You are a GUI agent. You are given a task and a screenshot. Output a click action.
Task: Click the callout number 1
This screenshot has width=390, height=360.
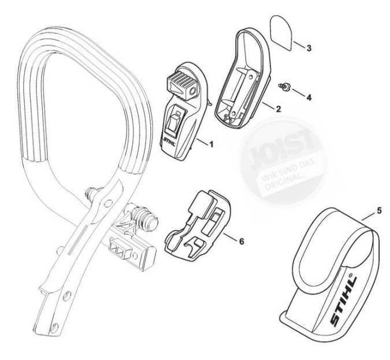(x=211, y=142)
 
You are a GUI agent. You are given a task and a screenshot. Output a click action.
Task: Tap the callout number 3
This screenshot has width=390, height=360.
(x=309, y=47)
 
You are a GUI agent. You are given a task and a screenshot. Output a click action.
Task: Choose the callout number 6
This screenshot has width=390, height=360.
(x=240, y=238)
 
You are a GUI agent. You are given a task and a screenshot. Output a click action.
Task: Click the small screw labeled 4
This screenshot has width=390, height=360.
(x=284, y=87)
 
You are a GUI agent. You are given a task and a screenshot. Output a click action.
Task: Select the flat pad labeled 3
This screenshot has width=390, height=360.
(x=283, y=31)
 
